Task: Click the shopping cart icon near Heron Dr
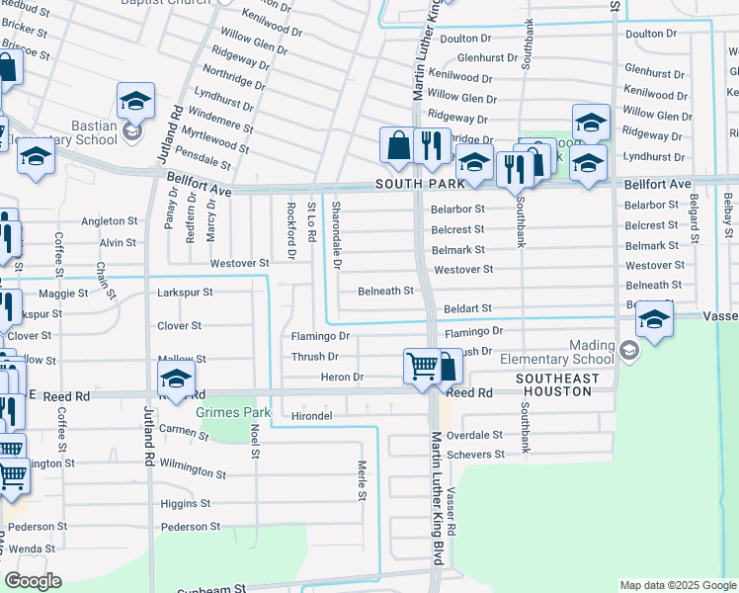423,366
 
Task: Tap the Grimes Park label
232,411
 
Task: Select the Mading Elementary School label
556,360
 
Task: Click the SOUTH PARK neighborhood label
412,185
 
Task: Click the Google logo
33,581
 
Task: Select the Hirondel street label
311,417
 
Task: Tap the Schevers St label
475,455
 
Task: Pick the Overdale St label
475,435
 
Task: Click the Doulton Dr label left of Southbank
465,39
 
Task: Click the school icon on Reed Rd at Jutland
175,378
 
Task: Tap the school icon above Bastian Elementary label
135,99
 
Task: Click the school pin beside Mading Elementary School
654,319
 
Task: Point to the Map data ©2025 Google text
677,585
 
